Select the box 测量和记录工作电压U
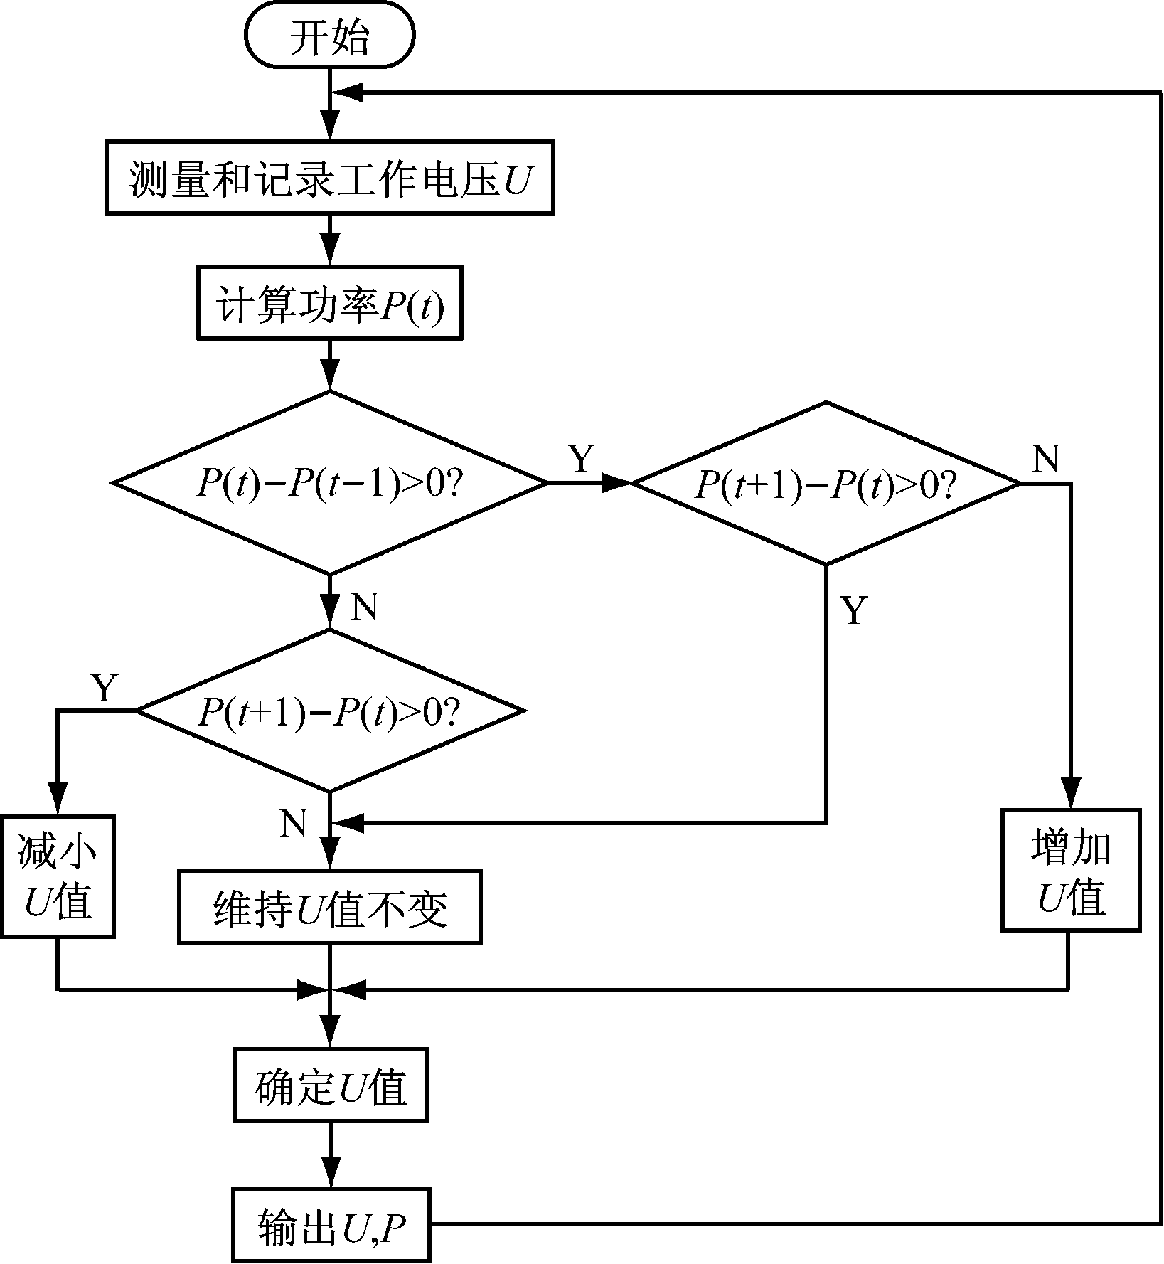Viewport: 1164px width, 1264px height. coord(329,178)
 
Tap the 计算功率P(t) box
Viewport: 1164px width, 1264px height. coord(329,302)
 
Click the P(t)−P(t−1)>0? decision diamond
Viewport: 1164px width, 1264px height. coord(329,483)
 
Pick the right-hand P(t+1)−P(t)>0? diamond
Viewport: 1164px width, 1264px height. coord(826,484)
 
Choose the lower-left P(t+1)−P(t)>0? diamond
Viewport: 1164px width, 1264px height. coord(329,711)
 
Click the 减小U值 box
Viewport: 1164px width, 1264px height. coord(57,876)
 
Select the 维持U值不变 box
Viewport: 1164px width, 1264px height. coord(329,907)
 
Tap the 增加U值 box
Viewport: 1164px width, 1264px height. coord(1070,870)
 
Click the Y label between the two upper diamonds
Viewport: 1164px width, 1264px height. coord(582,459)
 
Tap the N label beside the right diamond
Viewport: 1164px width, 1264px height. coord(1045,460)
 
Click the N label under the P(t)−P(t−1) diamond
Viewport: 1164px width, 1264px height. coord(364,607)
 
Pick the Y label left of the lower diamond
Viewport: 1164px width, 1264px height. coord(105,688)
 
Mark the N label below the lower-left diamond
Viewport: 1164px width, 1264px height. coord(294,822)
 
